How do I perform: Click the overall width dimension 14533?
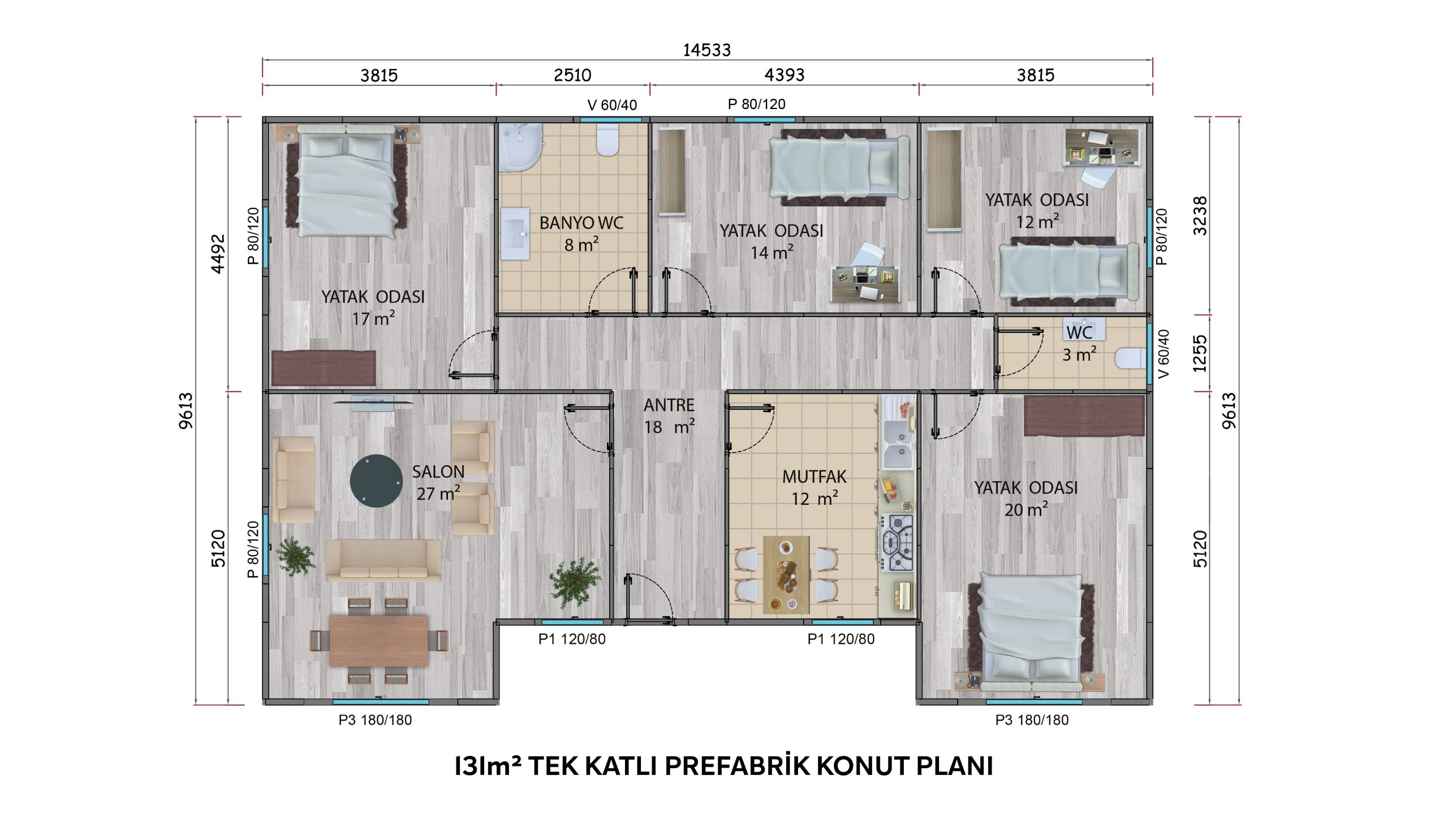coord(706,50)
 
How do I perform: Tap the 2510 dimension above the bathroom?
coord(572,75)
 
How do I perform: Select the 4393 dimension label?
coord(784,75)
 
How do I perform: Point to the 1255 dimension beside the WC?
coord(1200,353)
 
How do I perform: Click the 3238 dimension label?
coord(1200,216)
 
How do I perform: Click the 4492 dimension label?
coord(218,254)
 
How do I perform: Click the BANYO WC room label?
coord(581,223)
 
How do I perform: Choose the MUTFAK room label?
coord(815,477)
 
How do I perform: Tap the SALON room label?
coord(438,471)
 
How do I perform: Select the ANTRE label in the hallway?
coord(669,405)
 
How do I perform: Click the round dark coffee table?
coord(376,481)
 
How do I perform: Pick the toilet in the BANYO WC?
coord(607,140)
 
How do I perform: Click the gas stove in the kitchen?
coord(897,542)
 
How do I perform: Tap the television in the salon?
coord(373,403)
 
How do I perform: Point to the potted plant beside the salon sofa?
coord(295,557)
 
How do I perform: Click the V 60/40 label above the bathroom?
coord(612,105)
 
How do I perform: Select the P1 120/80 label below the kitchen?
coord(841,639)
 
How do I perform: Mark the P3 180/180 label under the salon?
coord(375,720)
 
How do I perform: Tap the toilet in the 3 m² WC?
coord(1130,358)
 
